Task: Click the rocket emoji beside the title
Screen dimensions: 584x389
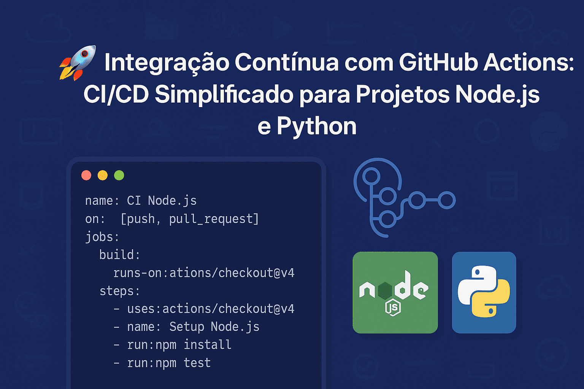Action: (78, 63)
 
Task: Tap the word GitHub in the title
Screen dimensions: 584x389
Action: (438, 62)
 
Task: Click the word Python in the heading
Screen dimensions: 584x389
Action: (316, 126)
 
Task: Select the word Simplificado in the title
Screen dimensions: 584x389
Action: (224, 95)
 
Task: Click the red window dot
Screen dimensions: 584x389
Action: (86, 176)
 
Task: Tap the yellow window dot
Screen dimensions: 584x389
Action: (102, 176)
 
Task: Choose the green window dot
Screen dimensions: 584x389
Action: (119, 176)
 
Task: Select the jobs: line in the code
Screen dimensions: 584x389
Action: (102, 237)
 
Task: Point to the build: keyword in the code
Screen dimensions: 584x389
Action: (120, 255)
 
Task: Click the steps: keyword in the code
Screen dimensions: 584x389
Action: (120, 291)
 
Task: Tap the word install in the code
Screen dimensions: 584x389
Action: (208, 345)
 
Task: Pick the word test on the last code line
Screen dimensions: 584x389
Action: (197, 363)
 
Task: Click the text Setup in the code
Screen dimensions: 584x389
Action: (187, 327)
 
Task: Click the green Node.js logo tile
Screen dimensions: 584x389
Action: (395, 293)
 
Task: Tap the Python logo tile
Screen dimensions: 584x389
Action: (484, 293)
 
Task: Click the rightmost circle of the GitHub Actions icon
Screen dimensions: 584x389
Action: (447, 200)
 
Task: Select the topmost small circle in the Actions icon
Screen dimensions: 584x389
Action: (371, 176)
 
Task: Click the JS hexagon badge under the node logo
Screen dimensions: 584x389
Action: (393, 307)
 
